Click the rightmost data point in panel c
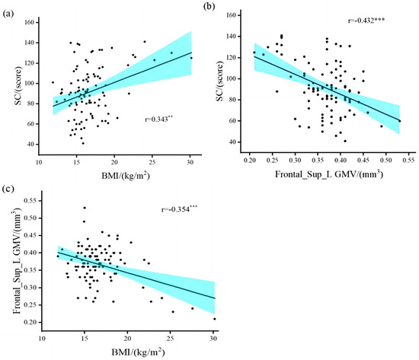214,319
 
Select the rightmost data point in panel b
399,121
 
